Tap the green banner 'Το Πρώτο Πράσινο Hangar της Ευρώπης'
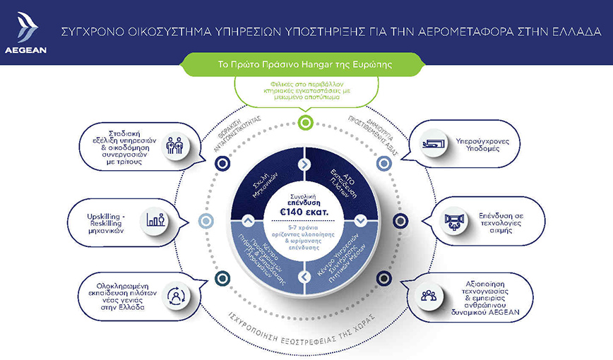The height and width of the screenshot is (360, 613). (x=306, y=64)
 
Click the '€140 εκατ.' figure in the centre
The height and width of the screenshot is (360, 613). (x=306, y=210)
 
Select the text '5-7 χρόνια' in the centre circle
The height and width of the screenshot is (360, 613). (x=306, y=227)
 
